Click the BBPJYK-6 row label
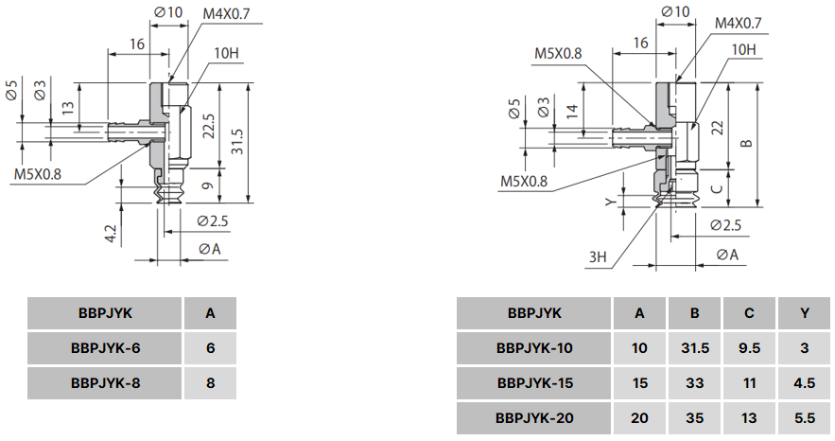(104, 347)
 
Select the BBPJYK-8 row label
(104, 382)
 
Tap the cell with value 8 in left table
(210, 382)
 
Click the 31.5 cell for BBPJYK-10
(695, 347)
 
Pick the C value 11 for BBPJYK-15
(749, 382)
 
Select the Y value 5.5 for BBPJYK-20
(804, 417)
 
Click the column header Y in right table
(804, 313)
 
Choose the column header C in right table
(749, 313)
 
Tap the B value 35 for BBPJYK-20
(695, 417)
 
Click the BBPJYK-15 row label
(534, 382)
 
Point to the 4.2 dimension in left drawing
(111, 234)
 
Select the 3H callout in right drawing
(597, 256)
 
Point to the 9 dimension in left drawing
(209, 188)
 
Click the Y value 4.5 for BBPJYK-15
(804, 382)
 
